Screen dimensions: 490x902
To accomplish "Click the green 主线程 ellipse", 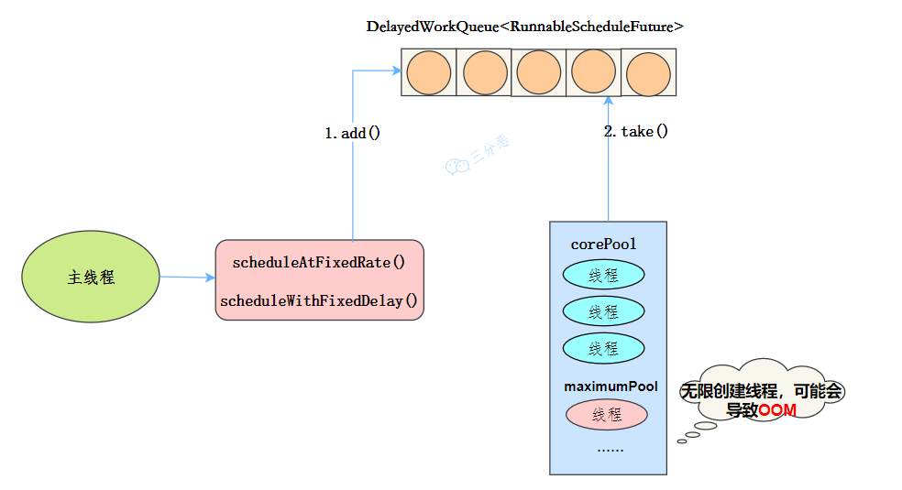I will [91, 278].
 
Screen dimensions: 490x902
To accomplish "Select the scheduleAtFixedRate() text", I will [319, 263].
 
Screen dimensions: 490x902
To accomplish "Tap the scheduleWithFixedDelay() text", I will [319, 300].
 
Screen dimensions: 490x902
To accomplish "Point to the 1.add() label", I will [352, 134].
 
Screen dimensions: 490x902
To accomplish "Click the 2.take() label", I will [635, 132].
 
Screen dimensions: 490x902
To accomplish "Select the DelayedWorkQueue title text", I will [524, 27].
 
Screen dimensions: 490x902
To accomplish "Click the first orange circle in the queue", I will [429, 73].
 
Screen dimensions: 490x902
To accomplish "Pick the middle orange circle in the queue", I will [538, 73].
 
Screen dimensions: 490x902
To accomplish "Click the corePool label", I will [603, 245].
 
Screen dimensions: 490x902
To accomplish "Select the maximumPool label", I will [610, 387].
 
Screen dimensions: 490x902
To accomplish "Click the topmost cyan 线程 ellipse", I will [603, 275].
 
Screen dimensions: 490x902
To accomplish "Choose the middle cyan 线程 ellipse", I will [603, 311].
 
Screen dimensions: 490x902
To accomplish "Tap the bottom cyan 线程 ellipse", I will [603, 348].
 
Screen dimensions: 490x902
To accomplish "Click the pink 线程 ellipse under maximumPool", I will [606, 415].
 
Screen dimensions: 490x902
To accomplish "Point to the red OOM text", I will [777, 411].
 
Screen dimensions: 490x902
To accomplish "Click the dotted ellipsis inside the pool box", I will [610, 450].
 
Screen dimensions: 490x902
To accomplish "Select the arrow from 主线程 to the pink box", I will [187, 277].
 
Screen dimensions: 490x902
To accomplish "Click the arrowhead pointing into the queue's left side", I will [396, 71].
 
